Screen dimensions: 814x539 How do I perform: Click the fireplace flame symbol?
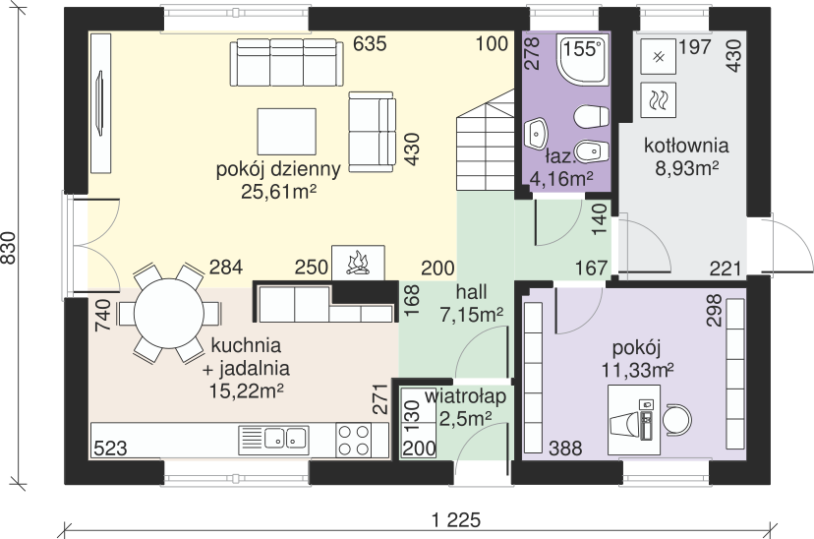click(x=358, y=263)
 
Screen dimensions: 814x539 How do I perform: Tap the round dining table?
click(x=169, y=314)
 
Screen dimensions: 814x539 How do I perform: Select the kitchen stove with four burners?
click(x=354, y=441)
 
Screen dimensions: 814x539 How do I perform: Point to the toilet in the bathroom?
click(x=591, y=116)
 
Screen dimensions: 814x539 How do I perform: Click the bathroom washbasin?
click(x=535, y=134)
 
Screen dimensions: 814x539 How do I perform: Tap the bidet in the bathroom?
click(x=593, y=151)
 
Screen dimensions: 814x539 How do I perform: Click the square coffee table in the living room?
click(x=287, y=131)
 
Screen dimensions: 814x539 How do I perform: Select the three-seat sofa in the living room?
click(x=286, y=62)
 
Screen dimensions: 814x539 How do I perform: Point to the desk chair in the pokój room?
click(x=678, y=419)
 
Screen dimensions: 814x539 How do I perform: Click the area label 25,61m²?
click(x=279, y=192)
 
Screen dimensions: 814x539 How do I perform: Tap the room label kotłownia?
click(x=686, y=146)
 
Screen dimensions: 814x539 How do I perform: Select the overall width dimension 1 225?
click(x=456, y=519)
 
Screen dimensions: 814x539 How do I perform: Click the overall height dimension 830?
click(x=9, y=248)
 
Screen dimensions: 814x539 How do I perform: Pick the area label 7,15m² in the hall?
click(x=471, y=315)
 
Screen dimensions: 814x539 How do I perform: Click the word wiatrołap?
click(x=466, y=396)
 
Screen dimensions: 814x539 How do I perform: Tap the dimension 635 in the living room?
click(x=370, y=43)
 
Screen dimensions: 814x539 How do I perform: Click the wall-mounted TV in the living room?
click(x=99, y=104)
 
